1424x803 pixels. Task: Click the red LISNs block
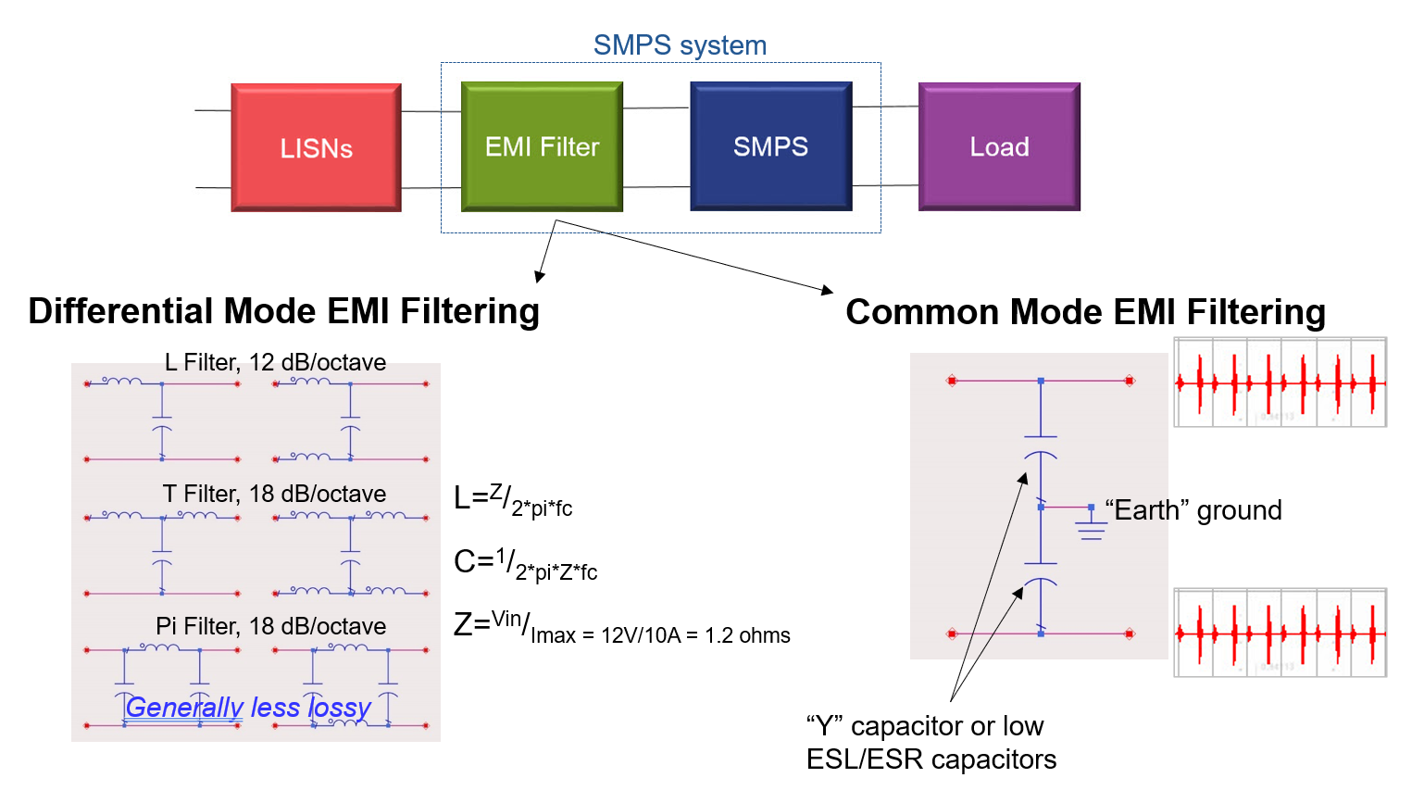pyautogui.click(x=316, y=148)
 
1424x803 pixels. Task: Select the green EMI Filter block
pyautogui.click(x=542, y=146)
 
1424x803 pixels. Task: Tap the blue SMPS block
pyautogui.click(x=770, y=146)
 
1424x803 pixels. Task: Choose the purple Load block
pyautogui.click(x=999, y=146)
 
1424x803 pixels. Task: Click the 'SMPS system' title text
pyautogui.click(x=680, y=45)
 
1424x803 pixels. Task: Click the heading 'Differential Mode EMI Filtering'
pyautogui.click(x=283, y=311)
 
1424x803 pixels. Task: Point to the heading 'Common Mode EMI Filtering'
pyautogui.click(x=1085, y=312)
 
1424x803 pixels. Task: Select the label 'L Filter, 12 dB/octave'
pyautogui.click(x=275, y=362)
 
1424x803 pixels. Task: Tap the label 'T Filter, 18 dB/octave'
pyautogui.click(x=274, y=494)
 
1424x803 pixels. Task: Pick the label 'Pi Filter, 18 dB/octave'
pyautogui.click(x=270, y=626)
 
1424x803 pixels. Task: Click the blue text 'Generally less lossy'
pyautogui.click(x=248, y=708)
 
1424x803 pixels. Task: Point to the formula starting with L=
pyautogui.click(x=513, y=500)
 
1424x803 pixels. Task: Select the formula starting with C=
pyautogui.click(x=525, y=563)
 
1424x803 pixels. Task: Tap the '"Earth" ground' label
pyautogui.click(x=1193, y=510)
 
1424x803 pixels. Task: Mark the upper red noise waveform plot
pyautogui.click(x=1280, y=382)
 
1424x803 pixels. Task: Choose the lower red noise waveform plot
pyautogui.click(x=1280, y=634)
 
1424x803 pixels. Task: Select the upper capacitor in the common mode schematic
pyautogui.click(x=1041, y=445)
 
